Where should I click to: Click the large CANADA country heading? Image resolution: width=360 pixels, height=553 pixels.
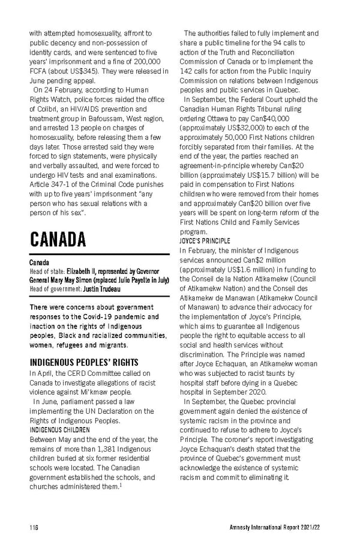pyautogui.click(x=58, y=239)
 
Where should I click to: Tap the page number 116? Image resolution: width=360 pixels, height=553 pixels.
pyautogui.click(x=34, y=526)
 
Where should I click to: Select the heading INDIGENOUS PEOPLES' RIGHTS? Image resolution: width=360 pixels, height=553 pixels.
pyautogui.click(x=84, y=362)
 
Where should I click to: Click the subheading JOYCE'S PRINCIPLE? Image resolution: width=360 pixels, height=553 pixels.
pyautogui.click(x=205, y=241)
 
